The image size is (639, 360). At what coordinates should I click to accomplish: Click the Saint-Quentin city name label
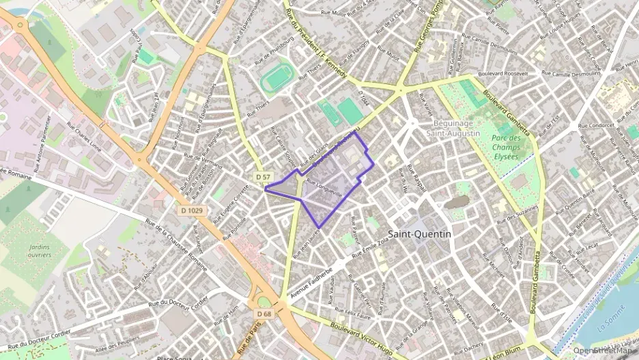coord(419,234)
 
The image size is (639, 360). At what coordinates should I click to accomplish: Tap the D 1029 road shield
coord(193,210)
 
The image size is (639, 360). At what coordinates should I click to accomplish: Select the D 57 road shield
coord(263,177)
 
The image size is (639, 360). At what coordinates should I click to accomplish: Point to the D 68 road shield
coord(264,313)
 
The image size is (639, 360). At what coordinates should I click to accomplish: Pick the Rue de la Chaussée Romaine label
coord(175,243)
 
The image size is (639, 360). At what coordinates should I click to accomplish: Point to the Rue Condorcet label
coord(596,125)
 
